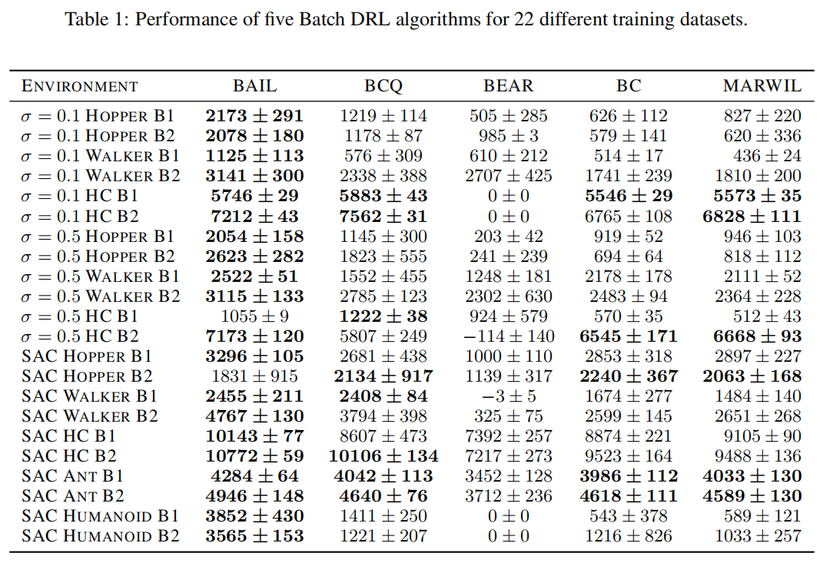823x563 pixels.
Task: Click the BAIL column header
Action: [x=254, y=86]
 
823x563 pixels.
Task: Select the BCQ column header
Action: [x=383, y=86]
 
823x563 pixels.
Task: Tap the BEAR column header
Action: [x=508, y=86]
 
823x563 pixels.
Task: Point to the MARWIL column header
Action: [x=762, y=86]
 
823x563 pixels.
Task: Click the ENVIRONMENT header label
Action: [x=80, y=86]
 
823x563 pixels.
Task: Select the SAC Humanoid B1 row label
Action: [x=100, y=515]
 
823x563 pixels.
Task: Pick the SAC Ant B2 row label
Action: [x=72, y=495]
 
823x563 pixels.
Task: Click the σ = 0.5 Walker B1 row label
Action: [x=100, y=276]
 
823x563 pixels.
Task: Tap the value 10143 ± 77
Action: [x=254, y=435]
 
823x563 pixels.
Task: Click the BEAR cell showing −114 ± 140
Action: [x=508, y=336]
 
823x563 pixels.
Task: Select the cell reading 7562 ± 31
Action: [x=383, y=216]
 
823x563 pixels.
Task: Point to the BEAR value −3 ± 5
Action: [x=508, y=396]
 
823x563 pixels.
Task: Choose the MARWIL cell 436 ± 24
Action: [x=762, y=156]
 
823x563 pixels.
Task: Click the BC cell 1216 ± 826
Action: [x=629, y=535]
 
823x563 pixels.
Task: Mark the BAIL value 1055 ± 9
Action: [x=254, y=316]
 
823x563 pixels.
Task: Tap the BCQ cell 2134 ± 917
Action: [x=383, y=376]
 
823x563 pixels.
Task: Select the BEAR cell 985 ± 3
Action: [x=508, y=136]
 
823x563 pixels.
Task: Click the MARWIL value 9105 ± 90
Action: [x=762, y=435]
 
